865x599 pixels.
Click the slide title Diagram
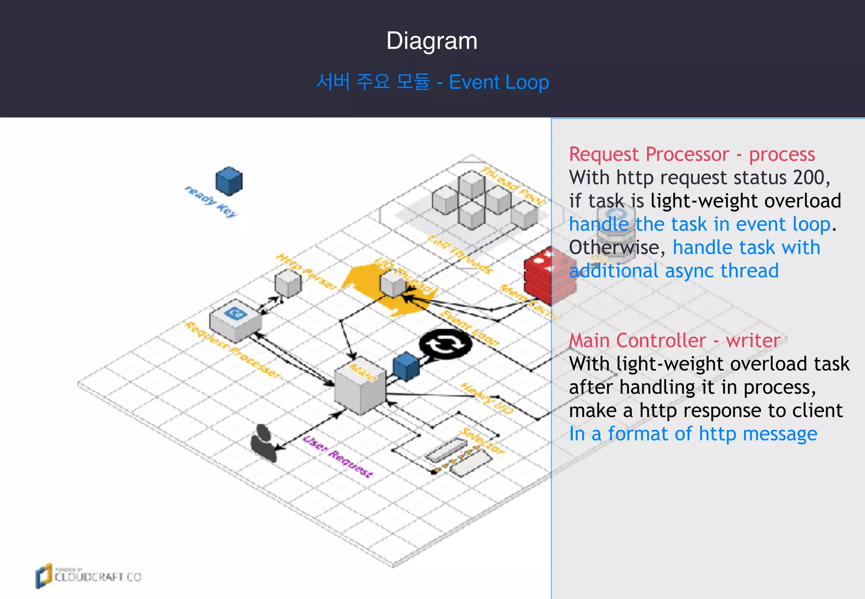click(x=432, y=41)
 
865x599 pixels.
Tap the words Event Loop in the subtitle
click(x=499, y=82)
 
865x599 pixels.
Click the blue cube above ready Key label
click(x=229, y=181)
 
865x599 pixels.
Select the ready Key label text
click(x=211, y=201)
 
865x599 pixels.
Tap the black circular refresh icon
click(x=446, y=344)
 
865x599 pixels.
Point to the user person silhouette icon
click(x=264, y=444)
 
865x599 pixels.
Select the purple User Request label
click(x=338, y=457)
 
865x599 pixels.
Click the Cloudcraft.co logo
click(x=89, y=576)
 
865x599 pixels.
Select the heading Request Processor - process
click(x=692, y=154)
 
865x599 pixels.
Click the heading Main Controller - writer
click(x=675, y=340)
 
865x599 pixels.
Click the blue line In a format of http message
click(x=693, y=434)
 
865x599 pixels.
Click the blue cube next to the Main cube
click(x=406, y=367)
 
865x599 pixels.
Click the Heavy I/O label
click(x=487, y=398)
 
